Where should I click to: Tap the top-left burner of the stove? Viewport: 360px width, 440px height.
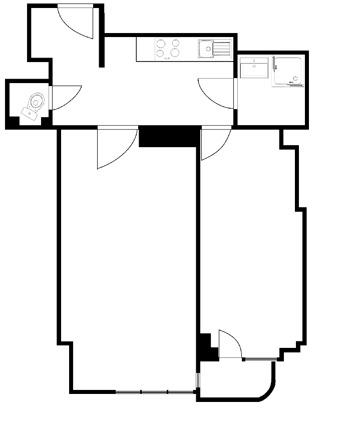pos(161,44)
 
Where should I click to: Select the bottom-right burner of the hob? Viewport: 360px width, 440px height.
pos(175,53)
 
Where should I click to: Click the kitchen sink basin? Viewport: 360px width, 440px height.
pos(206,49)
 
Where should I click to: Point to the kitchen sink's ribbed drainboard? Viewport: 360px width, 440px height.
pos(221,49)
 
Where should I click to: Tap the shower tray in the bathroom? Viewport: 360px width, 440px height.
pos(288,72)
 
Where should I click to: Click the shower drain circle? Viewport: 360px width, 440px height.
pos(296,78)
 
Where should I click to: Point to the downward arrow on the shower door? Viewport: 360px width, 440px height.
pos(276,67)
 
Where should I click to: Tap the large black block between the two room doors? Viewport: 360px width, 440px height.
pos(169,137)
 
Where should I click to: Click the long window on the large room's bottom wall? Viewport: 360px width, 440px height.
pos(155,391)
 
